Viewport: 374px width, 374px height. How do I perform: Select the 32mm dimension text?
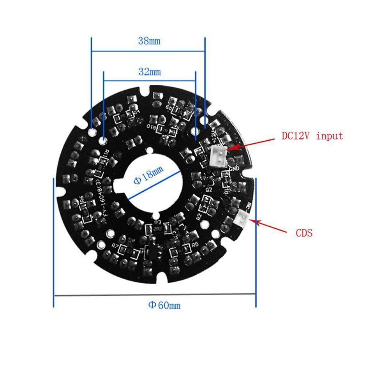(150, 72)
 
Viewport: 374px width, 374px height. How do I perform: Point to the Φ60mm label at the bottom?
(164, 305)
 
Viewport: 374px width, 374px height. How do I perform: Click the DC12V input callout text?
(312, 136)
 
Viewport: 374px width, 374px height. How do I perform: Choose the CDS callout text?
(303, 233)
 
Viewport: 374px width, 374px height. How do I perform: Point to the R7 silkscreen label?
(115, 246)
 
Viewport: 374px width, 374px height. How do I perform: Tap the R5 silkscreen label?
(195, 244)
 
